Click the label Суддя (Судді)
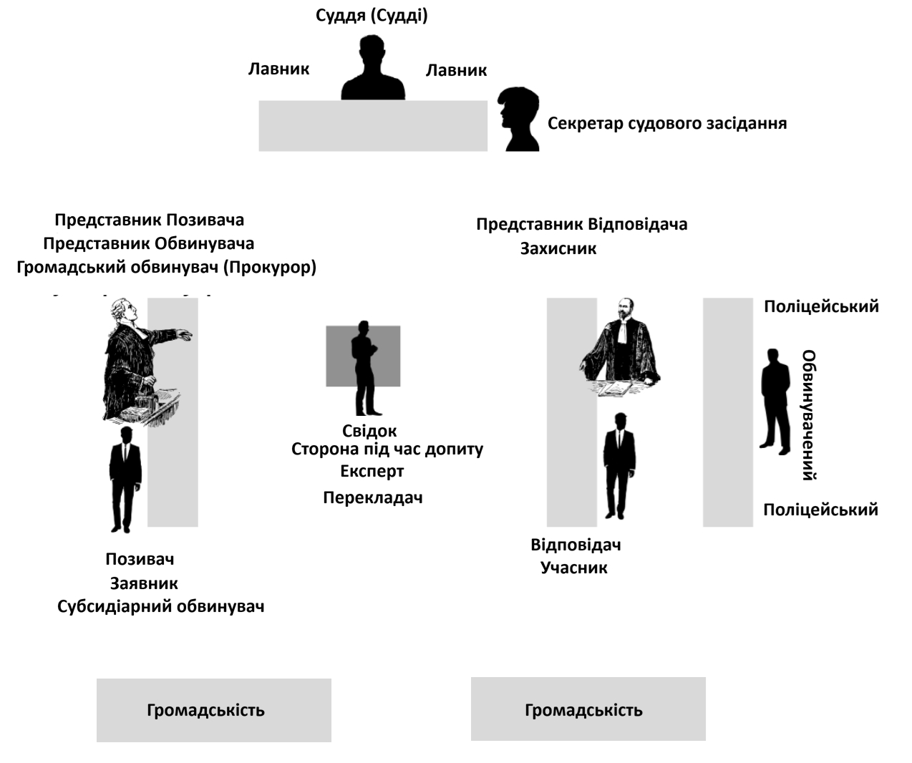372,16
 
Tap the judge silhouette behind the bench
372,72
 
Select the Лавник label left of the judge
278,69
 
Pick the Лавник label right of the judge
456,70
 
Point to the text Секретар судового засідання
666,124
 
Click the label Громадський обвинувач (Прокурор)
167,268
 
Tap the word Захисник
558,249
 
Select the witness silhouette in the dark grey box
364,366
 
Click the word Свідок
369,431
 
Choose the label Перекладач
372,497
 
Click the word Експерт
372,472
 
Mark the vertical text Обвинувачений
809,414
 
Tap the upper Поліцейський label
821,307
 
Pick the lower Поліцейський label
820,510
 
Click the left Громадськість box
213,710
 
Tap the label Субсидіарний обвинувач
161,607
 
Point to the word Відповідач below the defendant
576,545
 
